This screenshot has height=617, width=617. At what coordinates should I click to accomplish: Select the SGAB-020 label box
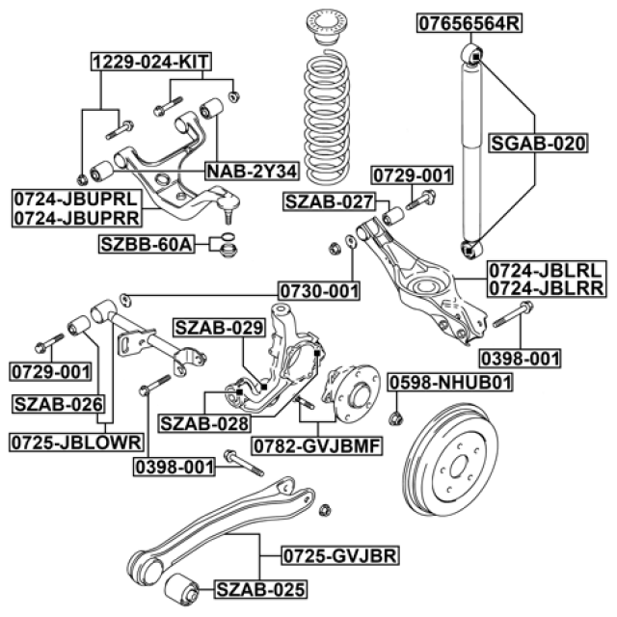pyautogui.click(x=538, y=144)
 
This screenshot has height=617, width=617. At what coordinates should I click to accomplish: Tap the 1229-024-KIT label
pyautogui.click(x=151, y=64)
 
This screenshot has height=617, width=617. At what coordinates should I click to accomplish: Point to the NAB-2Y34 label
pyautogui.click(x=252, y=173)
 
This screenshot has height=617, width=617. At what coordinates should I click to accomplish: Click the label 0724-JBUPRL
pyautogui.click(x=75, y=199)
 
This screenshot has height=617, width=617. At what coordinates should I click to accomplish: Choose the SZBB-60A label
pyautogui.click(x=147, y=243)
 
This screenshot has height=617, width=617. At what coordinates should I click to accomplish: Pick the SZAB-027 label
pyautogui.click(x=328, y=201)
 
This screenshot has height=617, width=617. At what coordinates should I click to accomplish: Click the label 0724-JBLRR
pyautogui.click(x=546, y=287)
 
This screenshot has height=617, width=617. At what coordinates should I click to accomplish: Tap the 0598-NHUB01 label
pyautogui.click(x=450, y=383)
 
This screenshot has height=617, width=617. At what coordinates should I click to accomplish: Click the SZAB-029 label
pyautogui.click(x=218, y=328)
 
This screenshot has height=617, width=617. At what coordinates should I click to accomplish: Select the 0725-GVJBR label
pyautogui.click(x=339, y=557)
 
